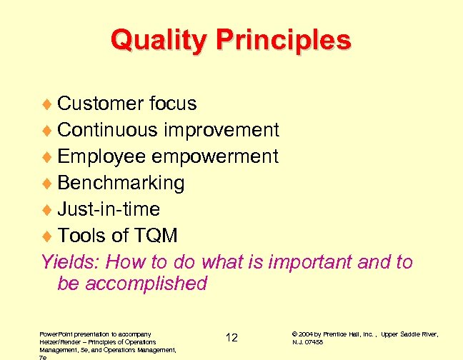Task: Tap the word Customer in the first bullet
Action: [x=101, y=104]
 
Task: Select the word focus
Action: [x=173, y=104]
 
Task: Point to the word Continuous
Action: [x=108, y=130]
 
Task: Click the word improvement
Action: [x=221, y=130]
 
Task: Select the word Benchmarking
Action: [x=121, y=183]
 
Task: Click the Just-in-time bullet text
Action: [x=109, y=209]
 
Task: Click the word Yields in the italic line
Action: [x=65, y=262]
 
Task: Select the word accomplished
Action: [x=146, y=284]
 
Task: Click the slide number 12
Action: [x=231, y=337]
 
